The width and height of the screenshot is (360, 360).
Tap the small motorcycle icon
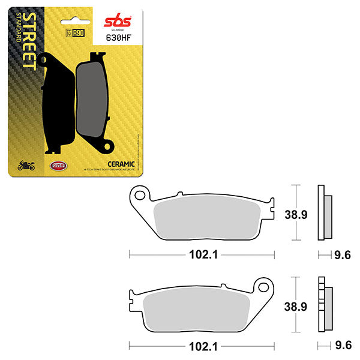[x=26, y=166]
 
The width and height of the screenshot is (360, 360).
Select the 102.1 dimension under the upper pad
[x=200, y=255]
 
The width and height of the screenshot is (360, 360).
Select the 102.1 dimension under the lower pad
[x=200, y=346]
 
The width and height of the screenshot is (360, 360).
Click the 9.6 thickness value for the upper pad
[x=343, y=255]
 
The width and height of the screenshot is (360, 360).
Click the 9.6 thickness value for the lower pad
[x=343, y=346]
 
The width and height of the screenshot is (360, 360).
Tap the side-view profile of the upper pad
[x=323, y=214]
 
